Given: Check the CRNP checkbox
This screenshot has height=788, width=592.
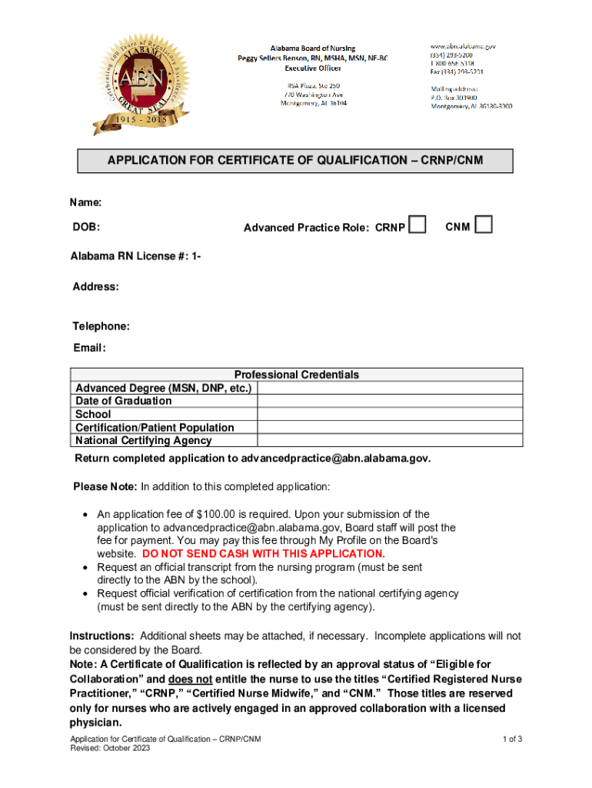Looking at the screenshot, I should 417,224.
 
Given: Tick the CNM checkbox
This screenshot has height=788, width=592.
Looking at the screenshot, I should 484,224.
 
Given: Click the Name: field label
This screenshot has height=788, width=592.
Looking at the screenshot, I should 86,202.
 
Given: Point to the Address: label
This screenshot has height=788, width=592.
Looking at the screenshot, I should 95,286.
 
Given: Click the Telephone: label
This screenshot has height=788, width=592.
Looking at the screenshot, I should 101,326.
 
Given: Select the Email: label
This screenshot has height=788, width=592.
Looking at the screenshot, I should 89,347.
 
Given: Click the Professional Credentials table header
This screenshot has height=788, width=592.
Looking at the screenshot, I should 296,375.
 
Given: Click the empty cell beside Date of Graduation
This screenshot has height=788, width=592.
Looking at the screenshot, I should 391,401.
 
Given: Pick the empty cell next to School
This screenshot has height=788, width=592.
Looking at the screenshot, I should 391,414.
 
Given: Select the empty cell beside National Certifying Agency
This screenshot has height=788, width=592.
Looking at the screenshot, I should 391,441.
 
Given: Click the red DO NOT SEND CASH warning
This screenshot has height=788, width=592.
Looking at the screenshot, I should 264,553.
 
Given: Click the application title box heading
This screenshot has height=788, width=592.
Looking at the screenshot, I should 294,160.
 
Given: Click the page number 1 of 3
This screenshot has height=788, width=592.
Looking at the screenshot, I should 513,740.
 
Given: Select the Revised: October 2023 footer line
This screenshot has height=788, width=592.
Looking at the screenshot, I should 111,748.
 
